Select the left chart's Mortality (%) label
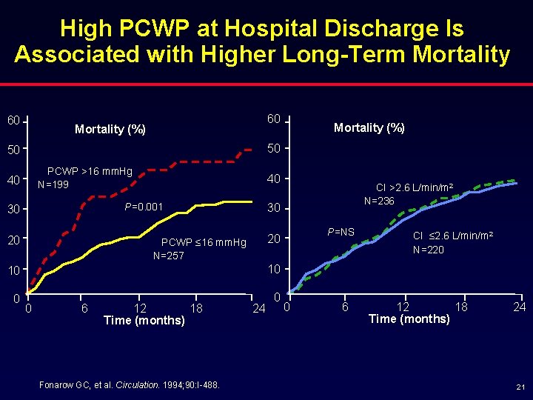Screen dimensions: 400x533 click(110, 130)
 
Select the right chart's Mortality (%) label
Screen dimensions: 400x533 click(369, 127)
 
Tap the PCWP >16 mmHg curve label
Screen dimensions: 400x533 click(90, 172)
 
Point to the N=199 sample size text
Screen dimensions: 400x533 click(53, 184)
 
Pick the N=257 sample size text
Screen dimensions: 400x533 click(168, 256)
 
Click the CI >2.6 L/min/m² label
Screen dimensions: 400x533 click(414, 187)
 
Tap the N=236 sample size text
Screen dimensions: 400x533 click(379, 201)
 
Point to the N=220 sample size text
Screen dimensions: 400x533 click(429, 250)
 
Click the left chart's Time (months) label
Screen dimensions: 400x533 click(144, 320)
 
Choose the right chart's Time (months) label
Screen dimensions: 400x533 click(409, 319)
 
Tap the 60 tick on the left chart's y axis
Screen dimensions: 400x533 click(13, 120)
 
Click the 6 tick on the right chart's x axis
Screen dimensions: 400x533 click(344, 306)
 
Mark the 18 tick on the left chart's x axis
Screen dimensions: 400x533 click(196, 307)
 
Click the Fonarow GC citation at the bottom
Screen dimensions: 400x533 click(127, 384)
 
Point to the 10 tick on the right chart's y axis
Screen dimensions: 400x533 click(274, 268)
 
